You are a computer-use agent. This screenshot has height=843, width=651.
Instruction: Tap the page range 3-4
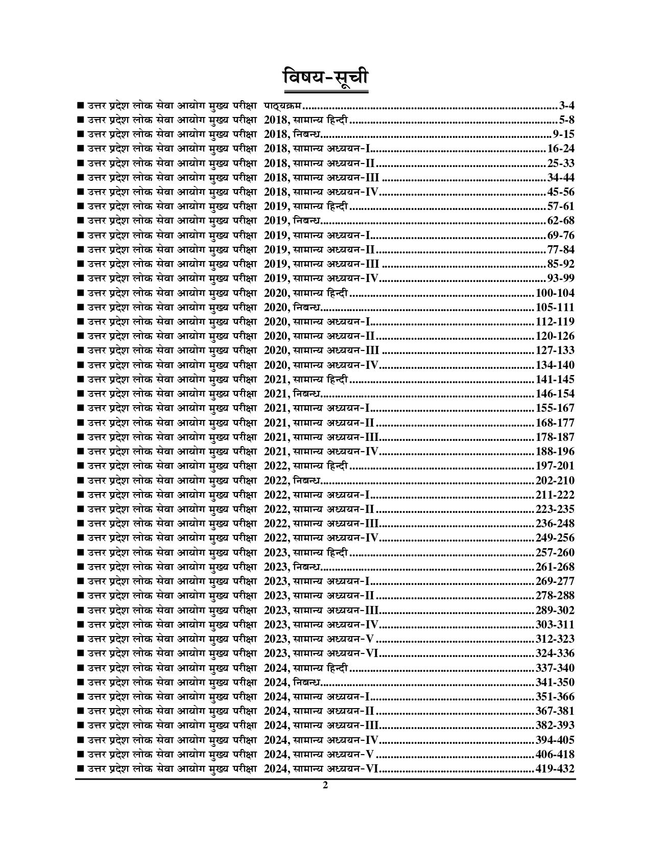coord(566,106)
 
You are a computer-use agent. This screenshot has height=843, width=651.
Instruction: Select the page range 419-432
coord(554,769)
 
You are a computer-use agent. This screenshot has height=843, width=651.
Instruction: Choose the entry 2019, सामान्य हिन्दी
coord(306,207)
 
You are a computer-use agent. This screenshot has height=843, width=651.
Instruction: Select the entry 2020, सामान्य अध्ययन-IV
coord(321,365)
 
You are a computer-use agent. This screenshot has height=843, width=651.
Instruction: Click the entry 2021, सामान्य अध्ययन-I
coord(317,408)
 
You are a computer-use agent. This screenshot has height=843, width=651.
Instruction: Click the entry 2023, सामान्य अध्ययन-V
coord(320,639)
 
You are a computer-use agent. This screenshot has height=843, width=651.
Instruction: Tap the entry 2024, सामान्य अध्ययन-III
coord(321,725)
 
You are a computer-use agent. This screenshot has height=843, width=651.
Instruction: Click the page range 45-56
coord(561,193)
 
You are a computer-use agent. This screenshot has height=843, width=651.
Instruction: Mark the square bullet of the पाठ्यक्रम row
coord(80,106)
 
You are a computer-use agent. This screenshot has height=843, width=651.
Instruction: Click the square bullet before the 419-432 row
coord(80,769)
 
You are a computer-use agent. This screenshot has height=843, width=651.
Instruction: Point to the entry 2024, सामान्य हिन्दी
coord(306,668)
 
